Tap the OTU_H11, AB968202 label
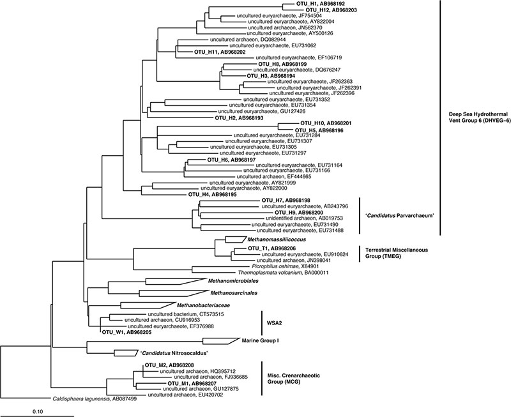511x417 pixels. coord(219,52)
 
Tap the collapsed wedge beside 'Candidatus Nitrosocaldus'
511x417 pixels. coord(123,353)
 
